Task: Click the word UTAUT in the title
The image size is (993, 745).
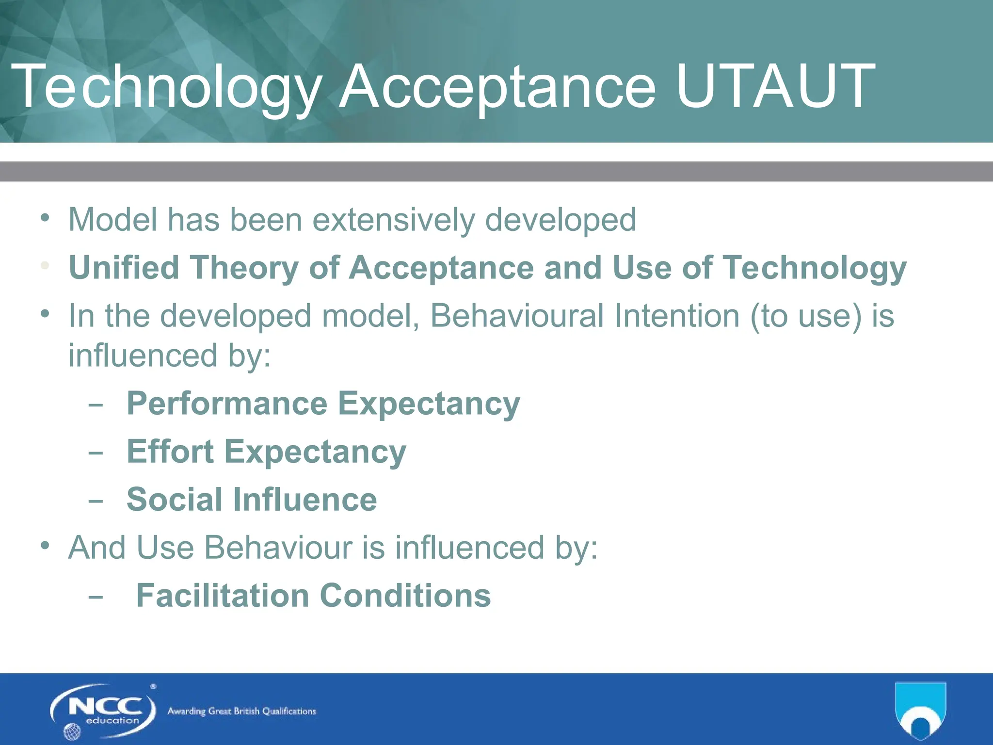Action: pyautogui.click(x=775, y=86)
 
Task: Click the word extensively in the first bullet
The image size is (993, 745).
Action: pyautogui.click(x=393, y=220)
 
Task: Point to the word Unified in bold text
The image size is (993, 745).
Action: pyautogui.click(x=124, y=268)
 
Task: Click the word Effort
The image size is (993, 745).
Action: pyautogui.click(x=170, y=452)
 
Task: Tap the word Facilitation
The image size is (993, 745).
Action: pyautogui.click(x=223, y=596)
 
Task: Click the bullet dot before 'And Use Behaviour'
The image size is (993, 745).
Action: pyautogui.click(x=45, y=546)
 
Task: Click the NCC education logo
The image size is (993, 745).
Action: pyautogui.click(x=103, y=711)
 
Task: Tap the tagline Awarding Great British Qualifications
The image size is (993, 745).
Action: pyautogui.click(x=241, y=712)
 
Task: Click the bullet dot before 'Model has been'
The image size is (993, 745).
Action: pyautogui.click(x=45, y=218)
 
